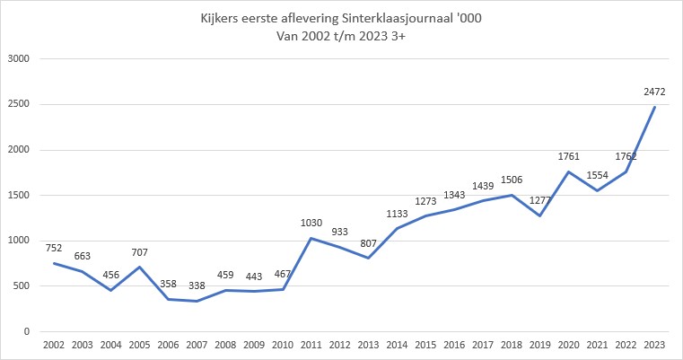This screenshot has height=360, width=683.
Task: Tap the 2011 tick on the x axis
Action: pos(311,346)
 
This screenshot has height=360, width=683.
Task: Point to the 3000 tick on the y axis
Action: pos(19,59)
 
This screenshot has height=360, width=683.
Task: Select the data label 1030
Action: pos(311,222)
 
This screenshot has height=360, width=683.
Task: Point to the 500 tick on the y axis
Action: pos(22,286)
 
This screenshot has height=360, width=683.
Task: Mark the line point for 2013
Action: pos(368,259)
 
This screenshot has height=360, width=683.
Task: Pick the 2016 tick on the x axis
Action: pos(455,346)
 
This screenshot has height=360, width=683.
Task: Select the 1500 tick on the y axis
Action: pos(19,196)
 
